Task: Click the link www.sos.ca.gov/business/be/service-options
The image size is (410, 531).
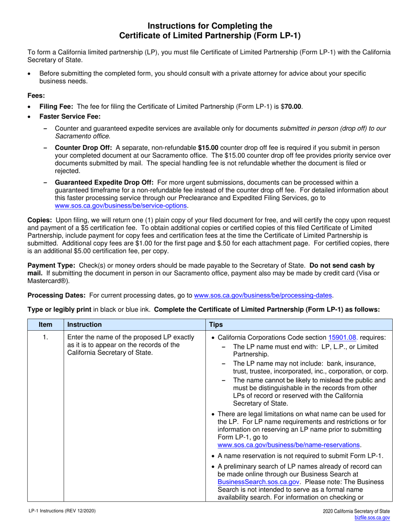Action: click(121, 206)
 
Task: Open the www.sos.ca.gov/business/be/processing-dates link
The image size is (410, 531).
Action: click(264, 295)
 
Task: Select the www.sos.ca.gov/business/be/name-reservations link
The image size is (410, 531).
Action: click(289, 445)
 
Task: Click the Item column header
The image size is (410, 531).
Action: click(45, 324)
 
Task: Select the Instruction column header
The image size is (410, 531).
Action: click(85, 324)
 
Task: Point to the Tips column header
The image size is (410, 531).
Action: click(216, 324)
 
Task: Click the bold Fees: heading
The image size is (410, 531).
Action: click(36, 95)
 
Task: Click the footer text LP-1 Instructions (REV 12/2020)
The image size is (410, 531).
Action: click(60, 511)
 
